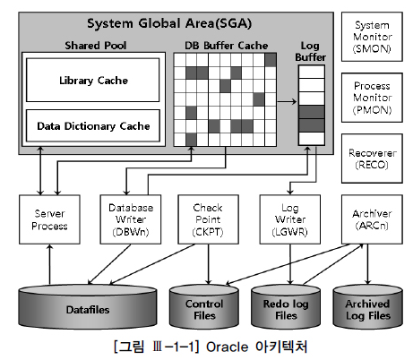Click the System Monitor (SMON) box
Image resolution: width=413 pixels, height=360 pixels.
pyautogui.click(x=373, y=39)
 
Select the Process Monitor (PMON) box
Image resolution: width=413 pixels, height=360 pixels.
pyautogui.click(x=373, y=99)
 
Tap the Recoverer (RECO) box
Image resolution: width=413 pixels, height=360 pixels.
pyautogui.click(x=373, y=159)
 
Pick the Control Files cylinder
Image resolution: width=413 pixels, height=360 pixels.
pyautogui.click(x=204, y=306)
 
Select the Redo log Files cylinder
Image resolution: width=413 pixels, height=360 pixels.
pyautogui.click(x=285, y=306)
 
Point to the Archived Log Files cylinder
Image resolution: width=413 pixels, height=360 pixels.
pyautogui.click(x=366, y=306)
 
